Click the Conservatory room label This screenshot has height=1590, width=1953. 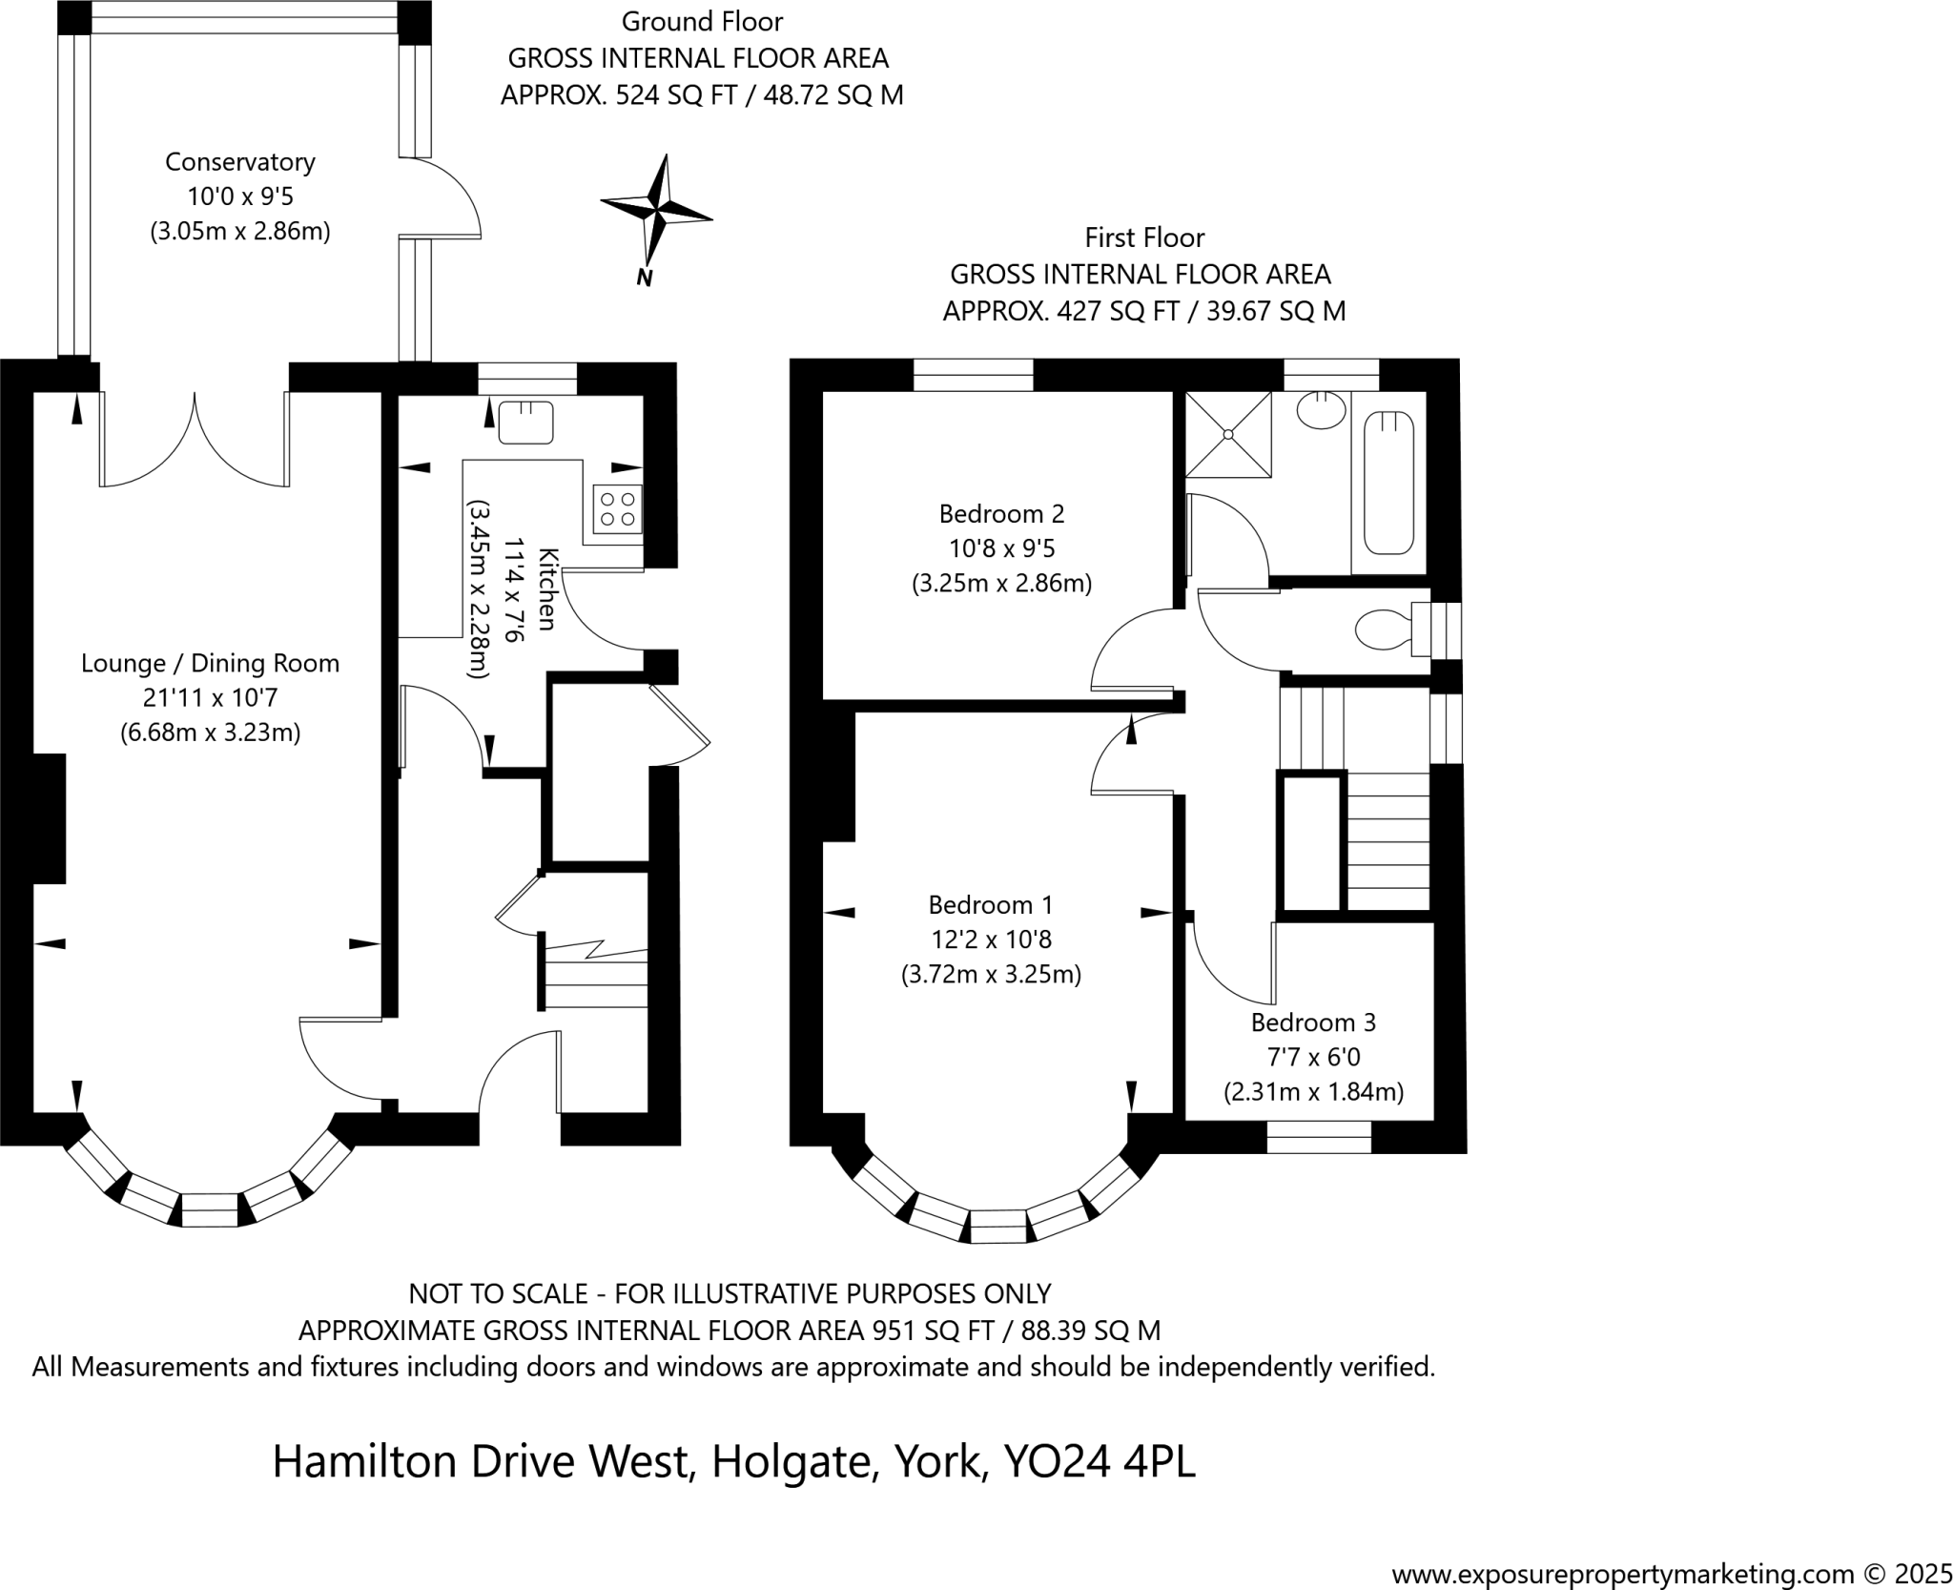coord(239,162)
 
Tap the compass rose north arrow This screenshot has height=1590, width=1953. coord(656,205)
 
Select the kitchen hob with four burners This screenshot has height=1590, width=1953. coord(617,508)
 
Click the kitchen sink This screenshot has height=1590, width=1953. coord(525,422)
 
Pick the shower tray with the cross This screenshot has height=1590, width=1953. coord(1228,434)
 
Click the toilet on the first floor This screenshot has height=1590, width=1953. coord(1384,630)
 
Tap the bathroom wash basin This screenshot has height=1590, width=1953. coord(1322,410)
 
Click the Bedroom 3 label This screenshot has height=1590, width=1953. coord(1313,1022)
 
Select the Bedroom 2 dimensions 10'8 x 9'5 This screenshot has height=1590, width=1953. coord(1001,548)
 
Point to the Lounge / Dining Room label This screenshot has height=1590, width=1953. coord(210,663)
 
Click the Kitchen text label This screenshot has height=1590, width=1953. coord(546,589)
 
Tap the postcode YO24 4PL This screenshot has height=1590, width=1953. coord(1100,1461)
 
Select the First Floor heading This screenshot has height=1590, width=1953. coord(1144,237)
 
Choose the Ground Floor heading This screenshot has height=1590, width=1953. coord(702,21)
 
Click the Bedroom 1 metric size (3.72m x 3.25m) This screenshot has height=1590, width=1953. coord(991,975)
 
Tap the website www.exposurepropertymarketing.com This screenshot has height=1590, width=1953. coord(1622,1573)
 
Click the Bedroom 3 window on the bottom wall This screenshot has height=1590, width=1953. coord(1319,1136)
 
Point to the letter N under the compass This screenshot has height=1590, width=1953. coord(645,279)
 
